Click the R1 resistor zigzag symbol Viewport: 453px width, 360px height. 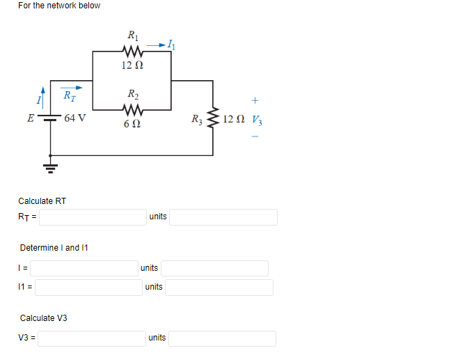pyautogui.click(x=132, y=51)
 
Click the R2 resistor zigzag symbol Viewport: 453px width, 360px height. pyautogui.click(x=132, y=109)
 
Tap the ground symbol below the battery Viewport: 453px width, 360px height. pyautogui.click(x=50, y=166)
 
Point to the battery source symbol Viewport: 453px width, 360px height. pyautogui.click(x=50, y=118)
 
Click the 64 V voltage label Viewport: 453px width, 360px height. pyautogui.click(x=75, y=118)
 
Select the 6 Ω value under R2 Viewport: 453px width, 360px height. pyautogui.click(x=132, y=124)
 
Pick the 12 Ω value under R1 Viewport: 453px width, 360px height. pyautogui.click(x=132, y=65)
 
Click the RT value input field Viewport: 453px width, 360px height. pyautogui.click(x=93, y=217)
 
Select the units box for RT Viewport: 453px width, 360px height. pyautogui.click(x=223, y=217)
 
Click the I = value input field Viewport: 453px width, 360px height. pyautogui.click(x=84, y=268)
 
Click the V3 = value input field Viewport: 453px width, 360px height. pyautogui.click(x=92, y=338)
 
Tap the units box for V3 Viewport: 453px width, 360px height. pyautogui.click(x=222, y=338)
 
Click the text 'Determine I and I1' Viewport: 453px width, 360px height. pyautogui.click(x=54, y=248)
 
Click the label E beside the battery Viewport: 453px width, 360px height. pyautogui.click(x=29, y=118)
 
